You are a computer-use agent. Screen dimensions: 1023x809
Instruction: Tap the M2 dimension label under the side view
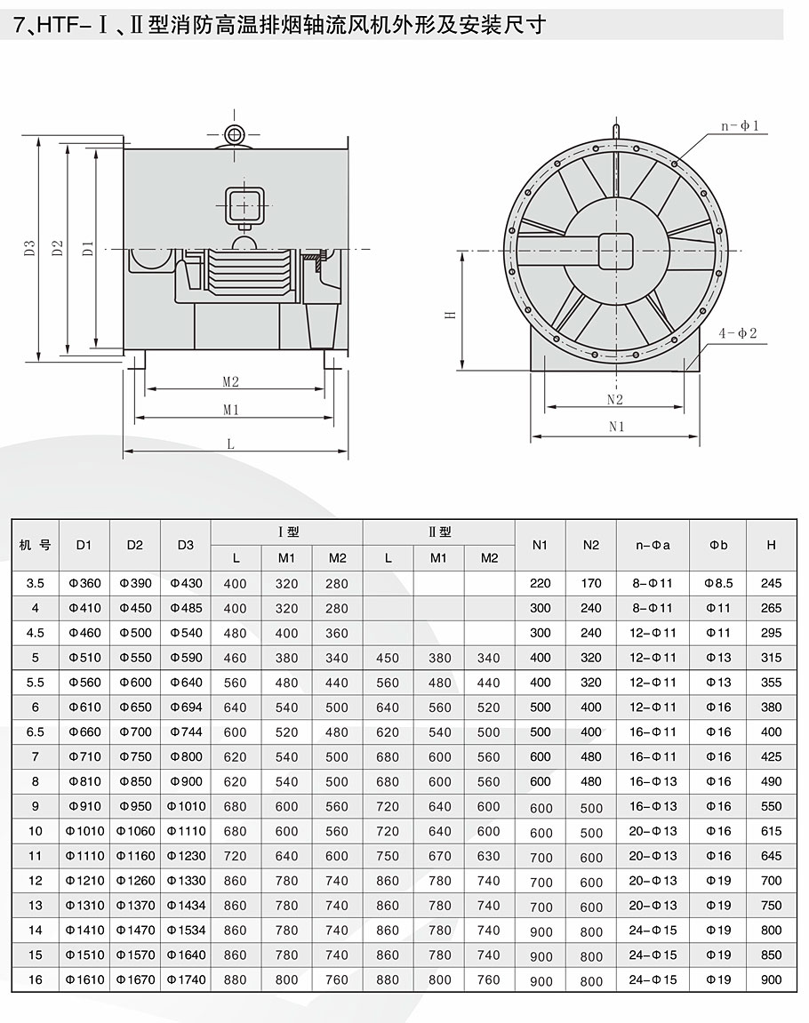[x=231, y=381]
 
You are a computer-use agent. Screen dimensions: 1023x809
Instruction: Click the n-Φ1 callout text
[x=740, y=126]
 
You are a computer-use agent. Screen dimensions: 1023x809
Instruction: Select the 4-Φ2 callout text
[x=737, y=333]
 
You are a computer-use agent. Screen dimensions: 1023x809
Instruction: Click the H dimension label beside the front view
[x=450, y=315]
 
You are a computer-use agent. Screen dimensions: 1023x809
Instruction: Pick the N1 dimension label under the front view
[x=616, y=426]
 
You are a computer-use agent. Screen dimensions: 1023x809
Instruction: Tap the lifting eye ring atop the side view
[x=235, y=134]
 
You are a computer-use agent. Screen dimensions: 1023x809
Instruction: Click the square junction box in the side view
[x=244, y=205]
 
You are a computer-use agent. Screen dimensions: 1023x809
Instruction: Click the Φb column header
[x=718, y=545]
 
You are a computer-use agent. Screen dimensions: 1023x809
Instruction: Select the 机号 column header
[x=35, y=545]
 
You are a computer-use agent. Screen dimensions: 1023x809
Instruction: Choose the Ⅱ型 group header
[x=439, y=532]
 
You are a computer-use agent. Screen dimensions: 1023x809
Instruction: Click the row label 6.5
[x=35, y=731]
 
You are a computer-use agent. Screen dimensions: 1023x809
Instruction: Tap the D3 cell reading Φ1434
[x=186, y=906]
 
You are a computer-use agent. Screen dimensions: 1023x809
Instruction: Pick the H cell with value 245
[x=771, y=584]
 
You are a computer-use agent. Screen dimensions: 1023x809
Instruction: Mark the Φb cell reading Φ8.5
[x=718, y=584]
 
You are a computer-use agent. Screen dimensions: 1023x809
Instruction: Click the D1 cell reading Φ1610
[x=84, y=980]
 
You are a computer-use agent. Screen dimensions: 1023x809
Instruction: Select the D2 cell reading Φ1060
[x=135, y=831]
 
